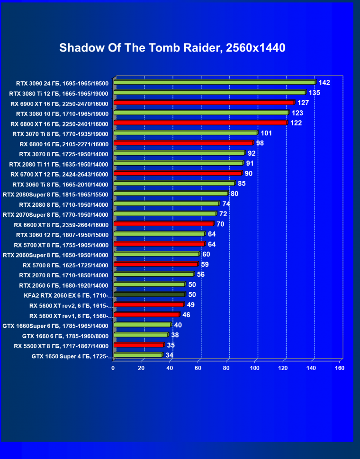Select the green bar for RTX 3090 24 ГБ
(214, 82)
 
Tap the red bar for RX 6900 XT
(204, 103)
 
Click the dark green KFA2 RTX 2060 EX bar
(149, 295)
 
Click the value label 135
(314, 93)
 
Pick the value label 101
(266, 133)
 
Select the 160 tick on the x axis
(339, 368)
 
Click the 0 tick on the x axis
(113, 368)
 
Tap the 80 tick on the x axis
(226, 368)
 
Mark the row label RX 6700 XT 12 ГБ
(63, 174)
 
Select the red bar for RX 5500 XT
(138, 345)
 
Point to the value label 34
(170, 355)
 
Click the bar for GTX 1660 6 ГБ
(141, 335)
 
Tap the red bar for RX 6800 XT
(200, 123)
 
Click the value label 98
(260, 143)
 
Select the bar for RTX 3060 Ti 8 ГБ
(174, 183)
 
